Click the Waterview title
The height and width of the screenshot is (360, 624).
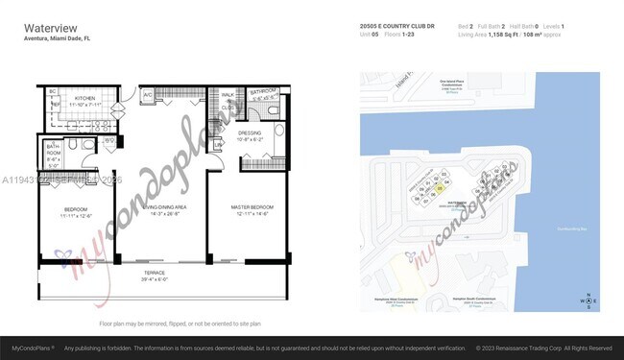[46, 27]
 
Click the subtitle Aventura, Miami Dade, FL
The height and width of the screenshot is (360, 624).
[57, 38]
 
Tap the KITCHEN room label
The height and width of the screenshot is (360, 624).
[84, 99]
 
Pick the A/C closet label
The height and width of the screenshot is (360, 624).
[147, 96]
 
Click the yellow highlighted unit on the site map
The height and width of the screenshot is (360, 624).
[439, 189]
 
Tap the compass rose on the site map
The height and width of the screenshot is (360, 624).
[586, 300]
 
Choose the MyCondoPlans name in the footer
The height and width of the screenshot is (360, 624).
[32, 348]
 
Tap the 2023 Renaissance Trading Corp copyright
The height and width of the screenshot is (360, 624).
[542, 348]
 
